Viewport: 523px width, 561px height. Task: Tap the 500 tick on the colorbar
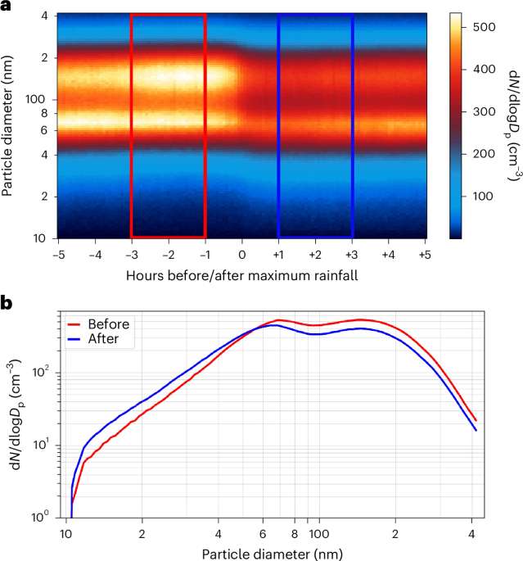485,27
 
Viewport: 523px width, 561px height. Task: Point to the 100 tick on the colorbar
485,197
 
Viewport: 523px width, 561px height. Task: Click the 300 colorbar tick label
485,111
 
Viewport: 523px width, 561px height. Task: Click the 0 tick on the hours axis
242,254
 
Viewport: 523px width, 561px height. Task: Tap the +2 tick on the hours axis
315,254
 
